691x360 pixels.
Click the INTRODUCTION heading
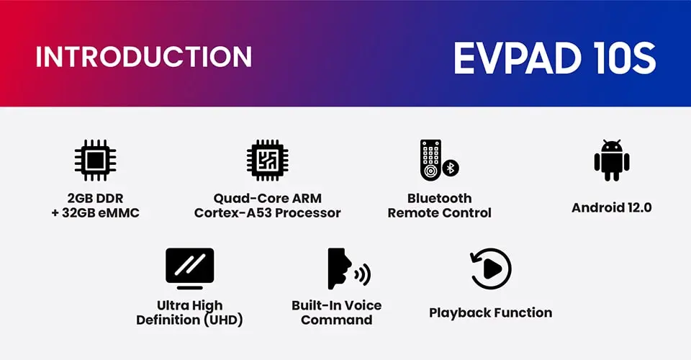pos(144,56)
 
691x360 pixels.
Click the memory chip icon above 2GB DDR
pos(95,161)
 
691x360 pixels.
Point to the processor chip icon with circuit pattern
pos(268,161)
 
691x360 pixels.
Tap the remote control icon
pos(430,160)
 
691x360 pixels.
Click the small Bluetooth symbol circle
pos(451,168)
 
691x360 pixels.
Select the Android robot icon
pos(612,161)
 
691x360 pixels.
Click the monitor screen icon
pos(190,269)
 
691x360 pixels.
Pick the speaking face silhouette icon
pos(339,269)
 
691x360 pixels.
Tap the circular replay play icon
pos(490,269)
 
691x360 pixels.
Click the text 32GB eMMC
pos(101,213)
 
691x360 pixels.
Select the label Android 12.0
pos(612,207)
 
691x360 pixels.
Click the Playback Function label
pos(490,313)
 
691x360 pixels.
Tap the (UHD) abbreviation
pos(222,320)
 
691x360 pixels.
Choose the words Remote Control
pos(439,213)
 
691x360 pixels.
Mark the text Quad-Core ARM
pos(268,198)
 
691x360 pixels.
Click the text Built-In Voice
pos(337,305)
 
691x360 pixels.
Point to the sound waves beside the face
pos(363,275)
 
